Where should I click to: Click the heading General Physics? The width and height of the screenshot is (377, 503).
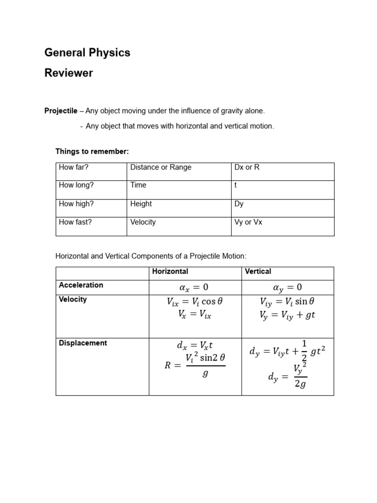tap(87, 53)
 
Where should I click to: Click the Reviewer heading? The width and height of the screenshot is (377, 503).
tap(69, 73)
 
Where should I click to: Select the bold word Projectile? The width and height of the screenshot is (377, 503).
tap(61, 111)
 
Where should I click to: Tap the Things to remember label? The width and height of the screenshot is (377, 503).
tap(92, 151)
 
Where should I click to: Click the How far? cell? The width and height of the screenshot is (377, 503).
tap(74, 167)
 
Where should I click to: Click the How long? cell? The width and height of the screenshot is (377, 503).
tap(76, 185)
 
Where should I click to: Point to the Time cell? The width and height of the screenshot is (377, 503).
tap(138, 185)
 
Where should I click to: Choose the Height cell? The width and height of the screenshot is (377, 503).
tap(141, 203)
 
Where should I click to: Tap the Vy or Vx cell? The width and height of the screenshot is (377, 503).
tap(248, 222)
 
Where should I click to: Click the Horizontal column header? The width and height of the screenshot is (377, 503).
tap(170, 271)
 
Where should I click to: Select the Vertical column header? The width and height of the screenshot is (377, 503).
tap(258, 271)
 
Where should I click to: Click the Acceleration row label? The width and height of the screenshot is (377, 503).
tap(81, 285)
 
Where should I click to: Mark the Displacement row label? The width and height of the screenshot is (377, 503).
tap(82, 343)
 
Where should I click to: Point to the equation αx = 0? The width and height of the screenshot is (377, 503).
tap(194, 287)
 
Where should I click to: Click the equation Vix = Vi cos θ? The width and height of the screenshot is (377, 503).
tap(195, 302)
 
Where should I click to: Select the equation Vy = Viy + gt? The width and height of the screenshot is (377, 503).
tap(287, 315)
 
